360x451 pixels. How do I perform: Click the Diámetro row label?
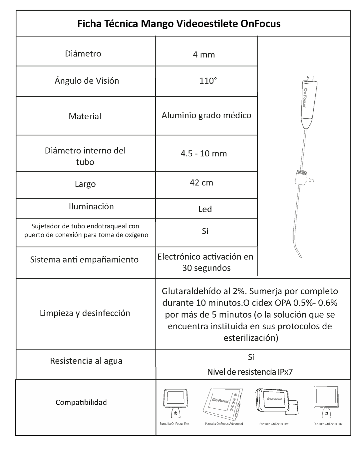point(83,54)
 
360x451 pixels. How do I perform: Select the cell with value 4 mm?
point(204,54)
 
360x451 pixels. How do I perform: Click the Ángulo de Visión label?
point(87,81)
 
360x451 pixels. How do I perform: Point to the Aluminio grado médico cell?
point(206,116)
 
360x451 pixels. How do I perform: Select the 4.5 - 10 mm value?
point(203,154)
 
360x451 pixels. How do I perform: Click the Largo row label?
point(85,184)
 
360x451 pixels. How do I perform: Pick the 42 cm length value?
point(201,183)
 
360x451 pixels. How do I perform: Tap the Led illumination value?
point(205,209)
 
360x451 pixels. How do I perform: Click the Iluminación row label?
point(91,206)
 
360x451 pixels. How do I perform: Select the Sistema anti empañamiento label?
point(84,259)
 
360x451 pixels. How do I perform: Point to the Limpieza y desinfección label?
point(85,313)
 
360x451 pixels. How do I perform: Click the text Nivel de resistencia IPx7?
point(250,372)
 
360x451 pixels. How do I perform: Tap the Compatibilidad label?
point(81,402)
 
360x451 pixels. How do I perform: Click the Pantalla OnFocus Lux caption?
point(328,424)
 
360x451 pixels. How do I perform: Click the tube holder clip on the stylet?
point(302,177)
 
